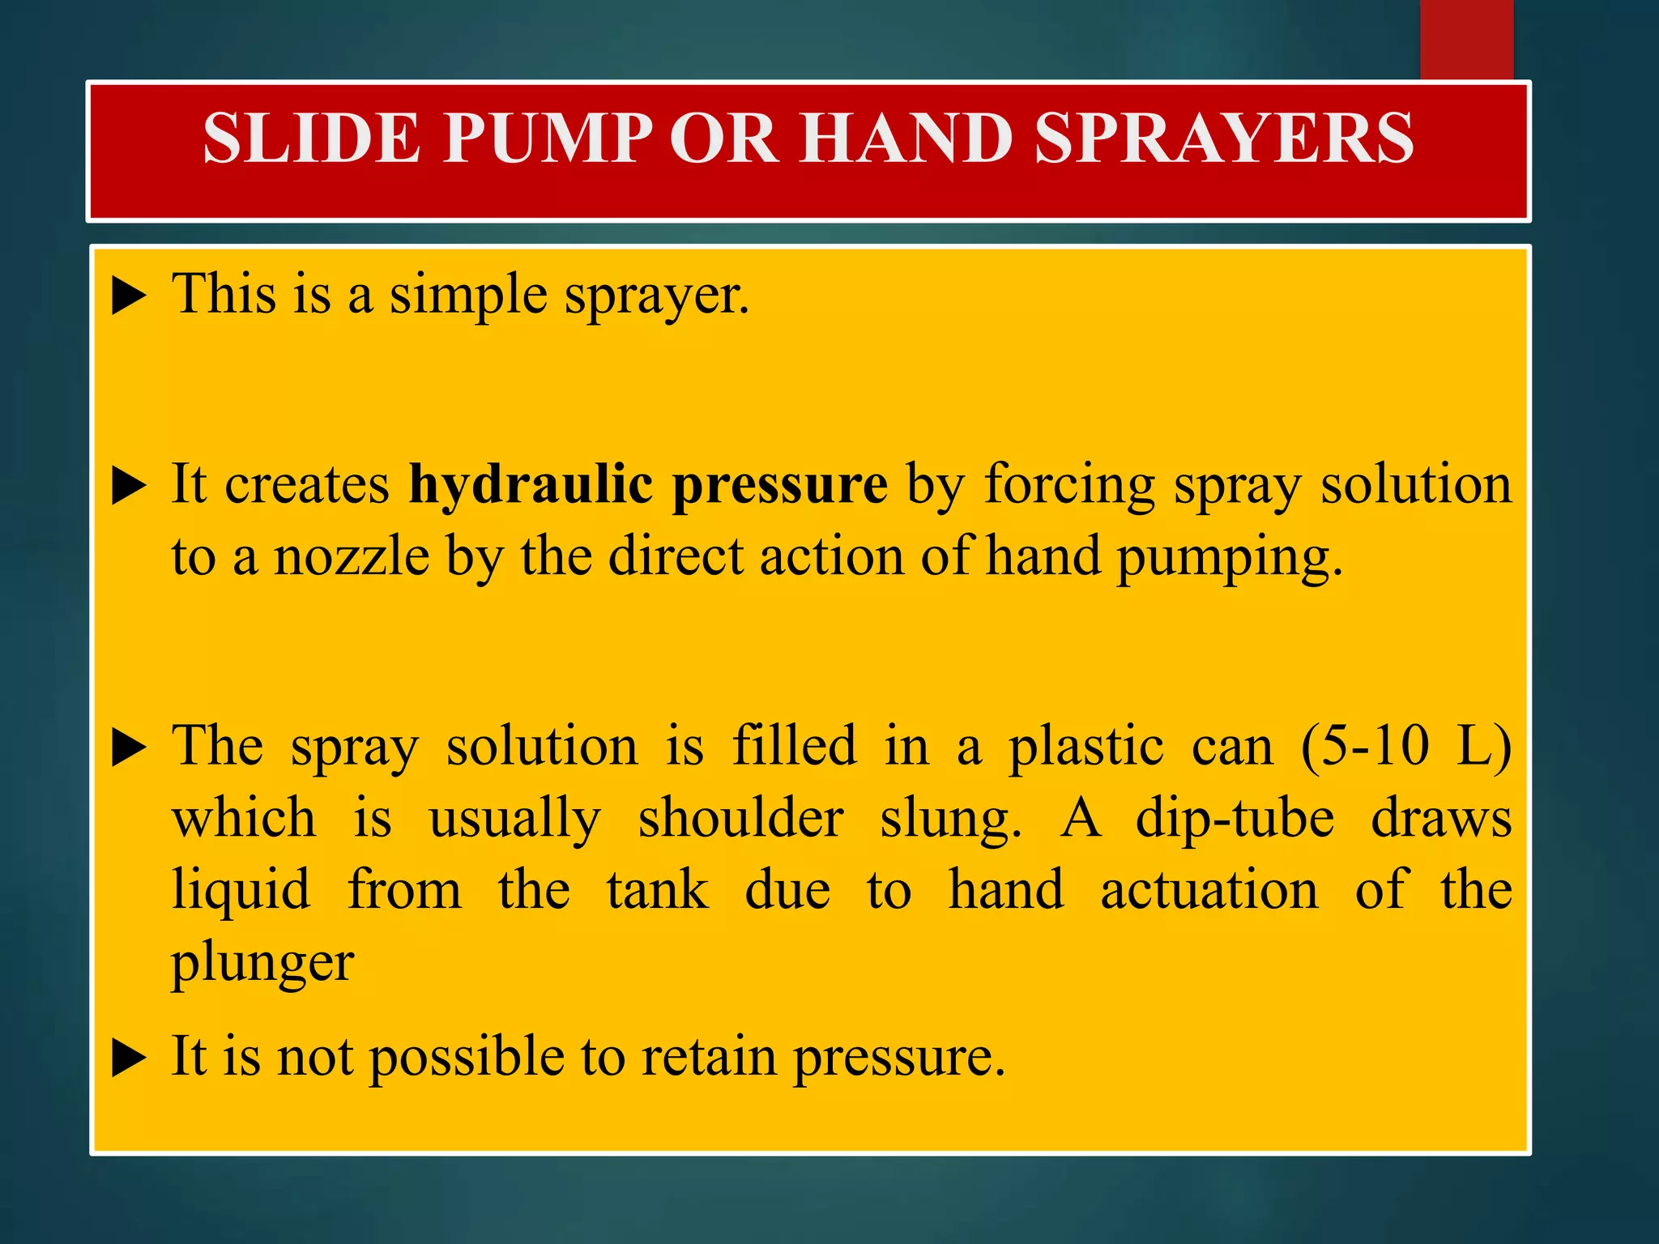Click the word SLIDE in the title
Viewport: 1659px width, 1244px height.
311,138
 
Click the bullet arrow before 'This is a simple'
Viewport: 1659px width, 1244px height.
129,297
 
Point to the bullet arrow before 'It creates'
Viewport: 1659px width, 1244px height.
129,487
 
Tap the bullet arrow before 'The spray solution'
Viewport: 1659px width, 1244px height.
129,748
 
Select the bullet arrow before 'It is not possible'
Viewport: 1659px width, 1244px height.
129,1059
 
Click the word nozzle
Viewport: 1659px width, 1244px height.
352,558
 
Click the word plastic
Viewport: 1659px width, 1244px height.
1085,747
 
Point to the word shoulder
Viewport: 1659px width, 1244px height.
740,819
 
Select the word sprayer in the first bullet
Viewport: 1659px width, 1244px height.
656,297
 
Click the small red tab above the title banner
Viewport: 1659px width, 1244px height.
1466,39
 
